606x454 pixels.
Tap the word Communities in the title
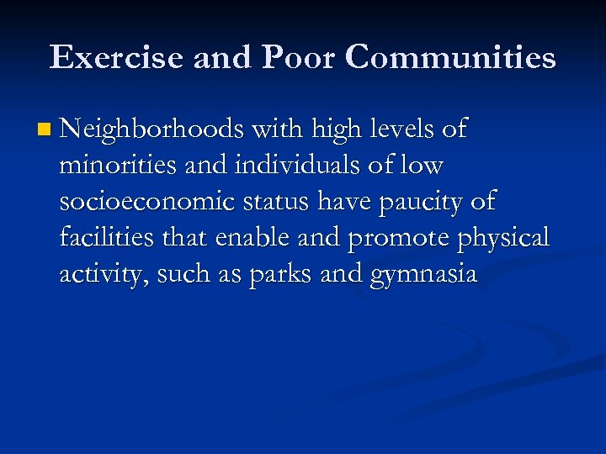point(450,57)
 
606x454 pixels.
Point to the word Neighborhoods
point(152,129)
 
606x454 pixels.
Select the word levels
point(403,129)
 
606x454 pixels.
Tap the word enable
point(252,239)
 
